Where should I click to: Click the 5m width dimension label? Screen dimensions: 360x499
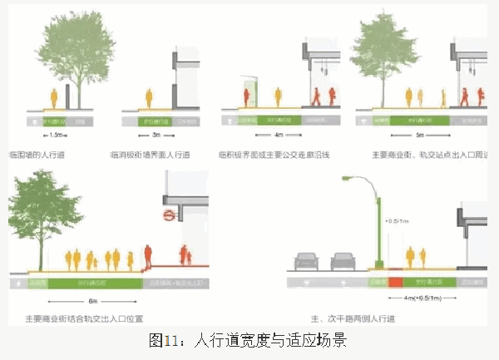click(419, 133)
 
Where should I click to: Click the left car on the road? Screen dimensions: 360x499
click(304, 263)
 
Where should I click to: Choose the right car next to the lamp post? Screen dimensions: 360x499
click(343, 263)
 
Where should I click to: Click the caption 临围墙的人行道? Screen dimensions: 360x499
click(37, 155)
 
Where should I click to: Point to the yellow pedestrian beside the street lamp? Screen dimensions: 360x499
click(408, 258)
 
